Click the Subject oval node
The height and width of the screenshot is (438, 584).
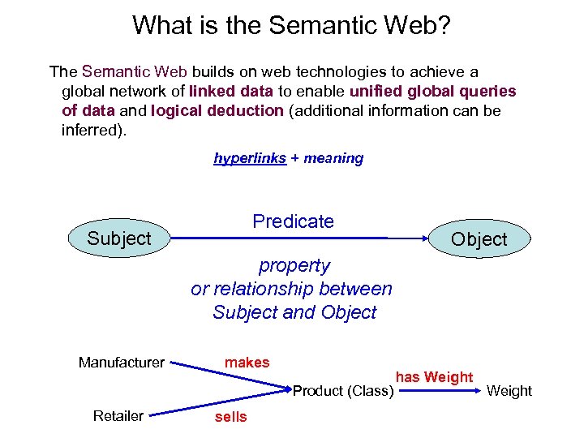tap(119, 238)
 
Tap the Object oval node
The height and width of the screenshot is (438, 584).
tap(479, 239)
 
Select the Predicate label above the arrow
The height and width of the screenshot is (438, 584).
tap(293, 221)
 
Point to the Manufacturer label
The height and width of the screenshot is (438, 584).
tap(122, 363)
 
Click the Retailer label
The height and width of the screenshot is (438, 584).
tap(118, 416)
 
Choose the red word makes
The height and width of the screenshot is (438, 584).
tap(247, 363)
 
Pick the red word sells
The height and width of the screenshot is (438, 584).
tap(230, 417)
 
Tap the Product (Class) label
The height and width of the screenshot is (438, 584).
tap(343, 391)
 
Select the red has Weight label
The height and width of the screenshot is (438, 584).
tap(434, 377)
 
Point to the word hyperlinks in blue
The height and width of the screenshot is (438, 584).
tap(250, 158)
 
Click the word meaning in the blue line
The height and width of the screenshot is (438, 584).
tap(333, 158)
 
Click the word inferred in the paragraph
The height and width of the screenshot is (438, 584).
tap(90, 130)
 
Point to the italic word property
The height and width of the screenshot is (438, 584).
tap(294, 265)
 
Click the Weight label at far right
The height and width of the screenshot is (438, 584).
tap(509, 391)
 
